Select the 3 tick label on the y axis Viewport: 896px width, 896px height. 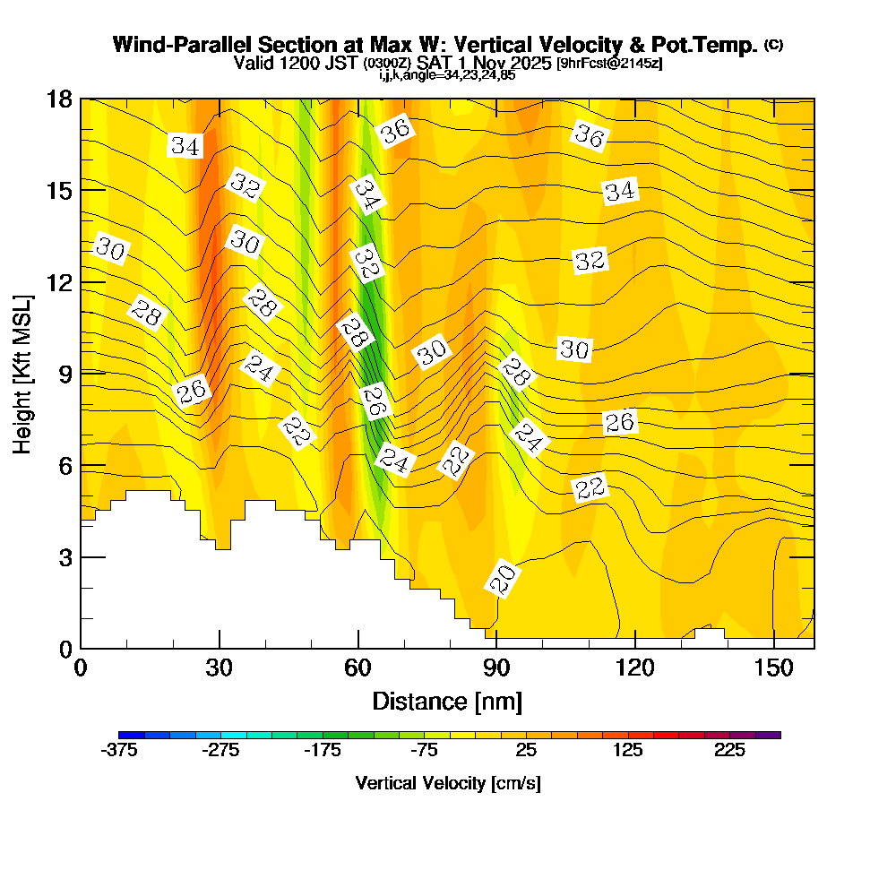click(65, 557)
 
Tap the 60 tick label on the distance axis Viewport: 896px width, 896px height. click(358, 669)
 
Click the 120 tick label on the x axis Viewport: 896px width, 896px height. click(634, 669)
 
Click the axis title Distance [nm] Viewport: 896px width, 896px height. click(447, 701)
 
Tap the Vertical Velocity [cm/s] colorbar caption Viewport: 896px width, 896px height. click(447, 783)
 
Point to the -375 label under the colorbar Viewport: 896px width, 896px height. click(119, 751)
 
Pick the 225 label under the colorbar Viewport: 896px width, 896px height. click(730, 751)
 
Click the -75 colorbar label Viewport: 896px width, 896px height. click(425, 751)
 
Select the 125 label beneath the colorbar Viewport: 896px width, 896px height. click(628, 751)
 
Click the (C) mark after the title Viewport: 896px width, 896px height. click(773, 44)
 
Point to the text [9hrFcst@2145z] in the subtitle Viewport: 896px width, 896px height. click(609, 64)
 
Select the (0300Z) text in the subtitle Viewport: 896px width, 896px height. click(387, 64)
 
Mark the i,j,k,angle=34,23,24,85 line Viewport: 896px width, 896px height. click(447, 75)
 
